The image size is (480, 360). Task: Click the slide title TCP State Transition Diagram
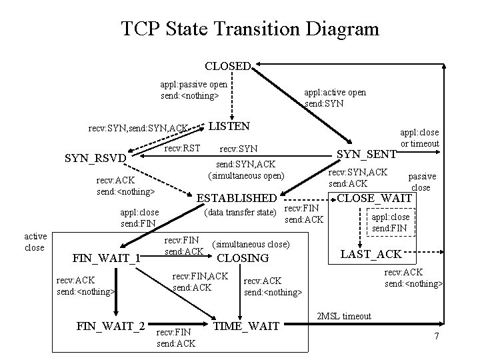(250, 29)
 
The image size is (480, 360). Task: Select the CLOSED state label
(227, 67)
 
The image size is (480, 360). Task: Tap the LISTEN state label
(229, 126)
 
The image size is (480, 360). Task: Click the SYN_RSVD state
(94, 159)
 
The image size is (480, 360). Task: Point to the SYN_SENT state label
(366, 154)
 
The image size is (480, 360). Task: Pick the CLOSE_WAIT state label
(375, 197)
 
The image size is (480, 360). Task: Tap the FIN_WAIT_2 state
(111, 326)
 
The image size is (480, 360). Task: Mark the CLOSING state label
(243, 259)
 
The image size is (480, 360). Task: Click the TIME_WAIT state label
(245, 326)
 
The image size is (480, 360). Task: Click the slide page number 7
(437, 336)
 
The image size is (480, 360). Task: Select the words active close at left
(35, 242)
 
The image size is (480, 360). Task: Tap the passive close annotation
(422, 182)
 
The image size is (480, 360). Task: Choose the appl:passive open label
(193, 90)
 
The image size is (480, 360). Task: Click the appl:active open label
(335, 98)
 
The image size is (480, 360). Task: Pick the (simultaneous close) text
(251, 245)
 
